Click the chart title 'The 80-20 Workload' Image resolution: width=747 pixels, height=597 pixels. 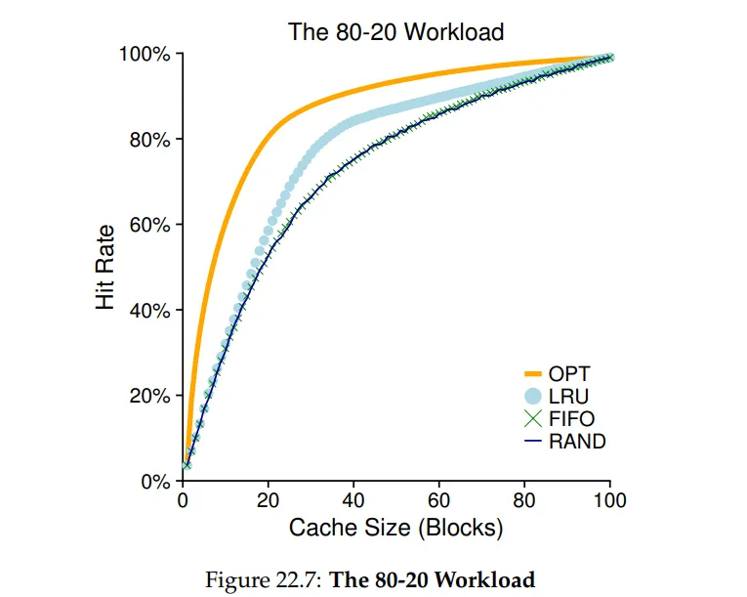(x=395, y=32)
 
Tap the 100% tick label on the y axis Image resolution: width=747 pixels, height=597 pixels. (x=145, y=55)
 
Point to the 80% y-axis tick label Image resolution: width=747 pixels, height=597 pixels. (x=149, y=140)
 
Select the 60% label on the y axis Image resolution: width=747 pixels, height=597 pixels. (x=149, y=225)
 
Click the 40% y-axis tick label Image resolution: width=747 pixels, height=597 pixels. (x=149, y=311)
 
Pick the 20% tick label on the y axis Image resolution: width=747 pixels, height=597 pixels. (x=149, y=396)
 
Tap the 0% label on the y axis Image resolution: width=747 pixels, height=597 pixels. (x=154, y=482)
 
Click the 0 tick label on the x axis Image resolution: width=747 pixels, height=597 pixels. (x=183, y=501)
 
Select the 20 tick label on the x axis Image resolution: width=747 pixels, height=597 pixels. (x=269, y=501)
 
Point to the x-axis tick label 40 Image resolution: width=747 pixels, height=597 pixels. (x=353, y=501)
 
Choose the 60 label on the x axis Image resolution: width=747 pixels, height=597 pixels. (x=439, y=501)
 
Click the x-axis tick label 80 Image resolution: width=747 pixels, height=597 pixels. (x=524, y=501)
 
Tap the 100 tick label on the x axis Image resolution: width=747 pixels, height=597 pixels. (x=610, y=501)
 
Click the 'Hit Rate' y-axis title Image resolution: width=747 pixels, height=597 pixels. (x=105, y=268)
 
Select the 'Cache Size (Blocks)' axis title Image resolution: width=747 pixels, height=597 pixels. (x=395, y=529)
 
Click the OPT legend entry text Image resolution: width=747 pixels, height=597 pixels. (x=569, y=373)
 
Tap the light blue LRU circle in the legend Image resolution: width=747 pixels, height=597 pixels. (x=532, y=396)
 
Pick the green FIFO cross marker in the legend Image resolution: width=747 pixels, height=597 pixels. (x=532, y=418)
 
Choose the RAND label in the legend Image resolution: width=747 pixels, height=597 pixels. (x=577, y=442)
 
